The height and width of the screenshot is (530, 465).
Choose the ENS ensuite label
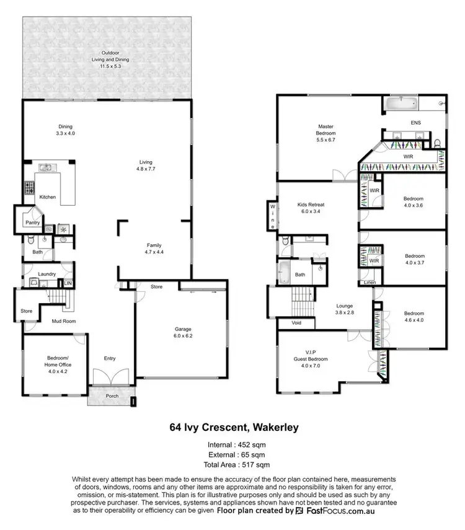pyautogui.click(x=415, y=123)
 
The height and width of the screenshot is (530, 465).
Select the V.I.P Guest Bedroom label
pyautogui.click(x=311, y=356)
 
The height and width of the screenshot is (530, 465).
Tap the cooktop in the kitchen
pyautogui.click(x=28, y=188)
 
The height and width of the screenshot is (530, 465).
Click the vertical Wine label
pyautogui.click(x=272, y=214)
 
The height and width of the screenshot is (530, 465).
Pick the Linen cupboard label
pyautogui.click(x=370, y=282)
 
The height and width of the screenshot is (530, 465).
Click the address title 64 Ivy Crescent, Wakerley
pyautogui.click(x=232, y=427)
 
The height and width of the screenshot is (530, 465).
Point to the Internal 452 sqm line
pyautogui.click(x=232, y=445)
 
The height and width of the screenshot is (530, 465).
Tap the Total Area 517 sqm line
pyautogui.click(x=232, y=464)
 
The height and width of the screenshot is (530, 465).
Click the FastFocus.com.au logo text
pyautogui.click(x=339, y=511)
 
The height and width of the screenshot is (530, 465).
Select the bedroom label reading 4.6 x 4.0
pyautogui.click(x=414, y=316)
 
